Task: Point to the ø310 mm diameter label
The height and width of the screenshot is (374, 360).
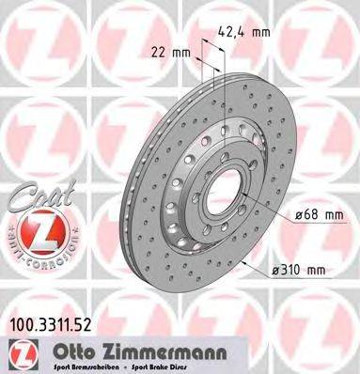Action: coord(298,272)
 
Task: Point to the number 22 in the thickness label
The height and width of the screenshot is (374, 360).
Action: coord(157,54)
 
